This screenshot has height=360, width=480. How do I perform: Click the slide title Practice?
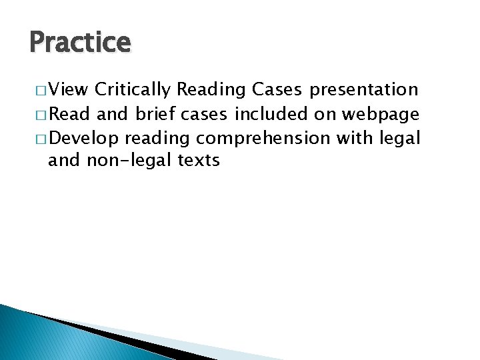tap(80, 43)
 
